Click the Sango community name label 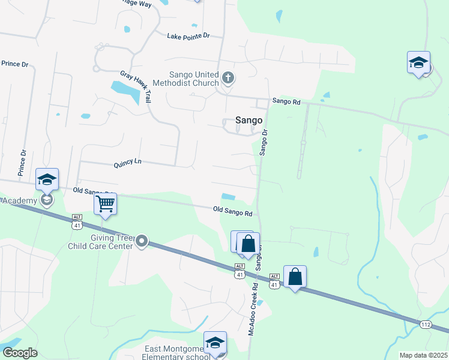click(249, 120)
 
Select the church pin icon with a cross click(228, 77)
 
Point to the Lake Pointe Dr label click(188, 36)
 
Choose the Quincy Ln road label click(127, 162)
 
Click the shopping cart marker click(105, 205)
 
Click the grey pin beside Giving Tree click(142, 241)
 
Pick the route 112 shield click(425, 325)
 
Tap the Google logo click(20, 353)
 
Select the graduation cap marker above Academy click(47, 179)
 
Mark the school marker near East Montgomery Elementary click(215, 343)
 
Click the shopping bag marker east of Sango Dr click(295, 277)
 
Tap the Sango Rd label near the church click(286, 101)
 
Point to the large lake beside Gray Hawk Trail click(125, 90)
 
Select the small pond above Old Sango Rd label click(228, 196)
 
